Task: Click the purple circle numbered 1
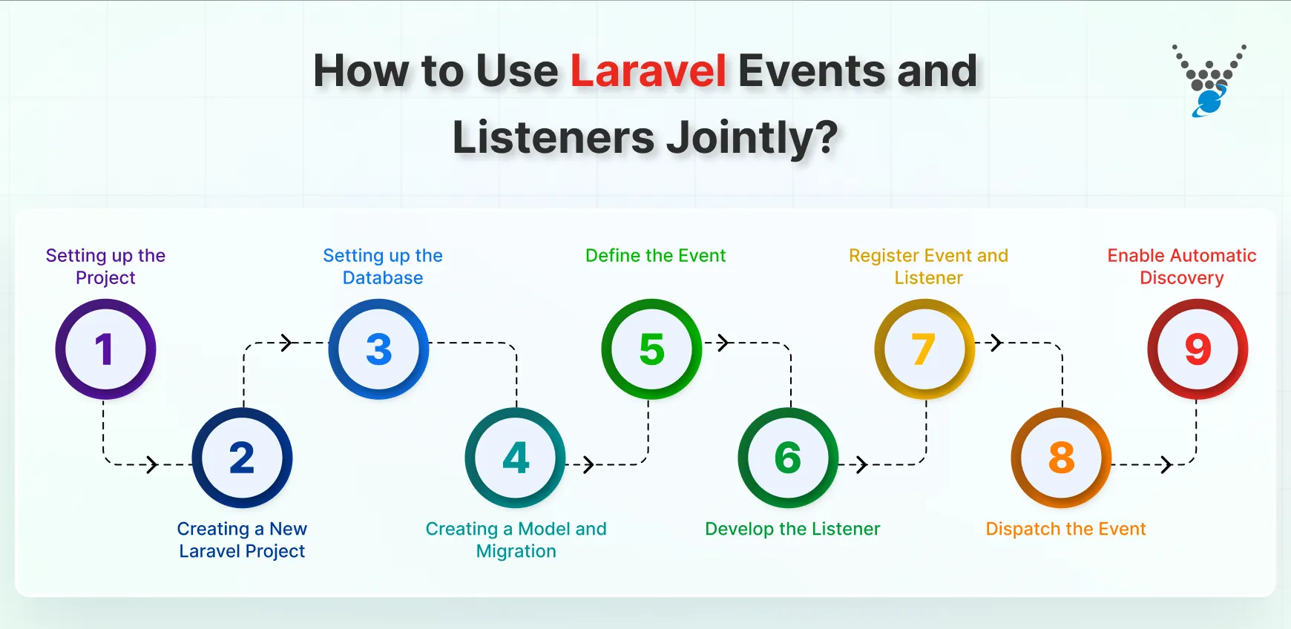(105, 349)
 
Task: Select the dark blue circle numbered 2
(242, 457)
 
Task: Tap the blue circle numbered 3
(378, 349)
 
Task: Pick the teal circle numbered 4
(516, 457)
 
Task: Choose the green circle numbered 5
(651, 349)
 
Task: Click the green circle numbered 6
(788, 457)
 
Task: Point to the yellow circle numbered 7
(924, 349)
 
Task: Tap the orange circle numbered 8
(1061, 457)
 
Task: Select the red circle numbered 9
(1198, 349)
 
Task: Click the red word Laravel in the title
(648, 71)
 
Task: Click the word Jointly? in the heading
(752, 138)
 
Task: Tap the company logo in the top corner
(1209, 80)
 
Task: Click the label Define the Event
(655, 256)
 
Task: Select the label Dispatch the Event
(1065, 529)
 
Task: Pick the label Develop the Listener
(792, 529)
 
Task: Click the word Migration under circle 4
(516, 551)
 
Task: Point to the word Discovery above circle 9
(1181, 278)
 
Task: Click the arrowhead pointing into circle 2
(152, 464)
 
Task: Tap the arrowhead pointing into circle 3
(287, 343)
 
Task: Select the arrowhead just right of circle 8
(1166, 464)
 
